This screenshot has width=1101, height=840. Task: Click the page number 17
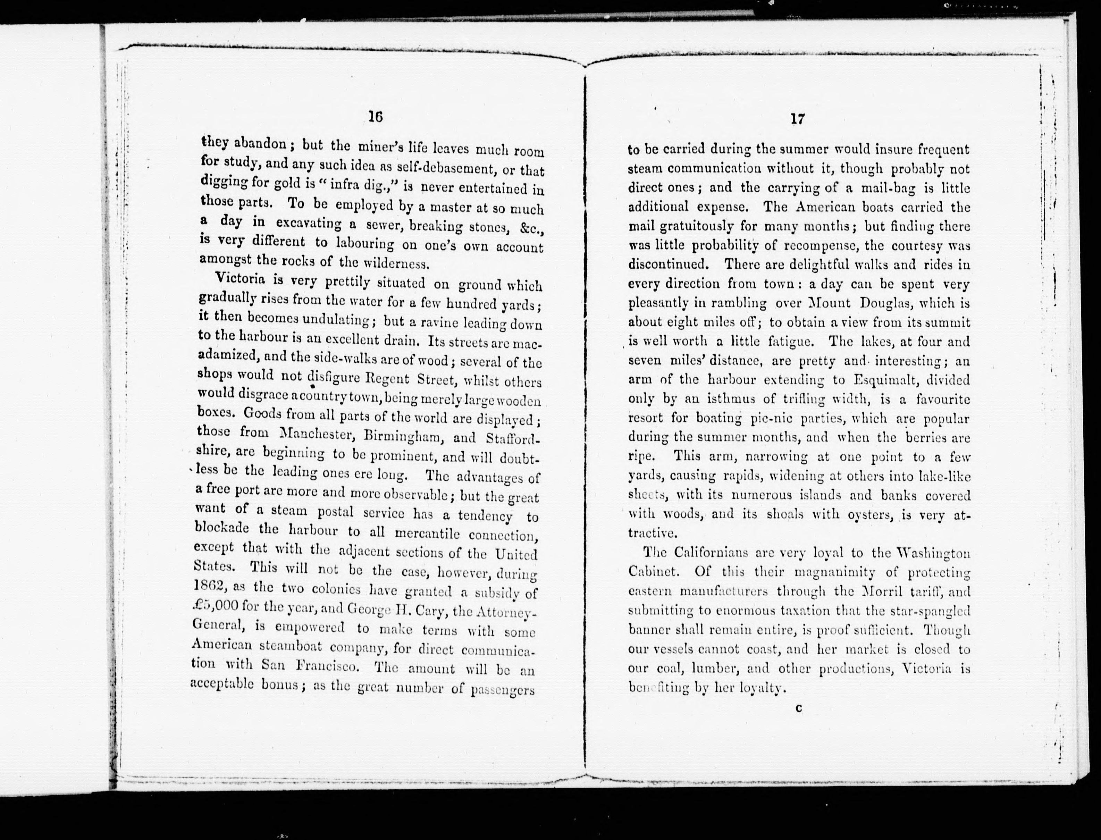pyautogui.click(x=798, y=119)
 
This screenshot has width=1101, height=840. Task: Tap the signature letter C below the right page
pyautogui.click(x=798, y=708)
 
